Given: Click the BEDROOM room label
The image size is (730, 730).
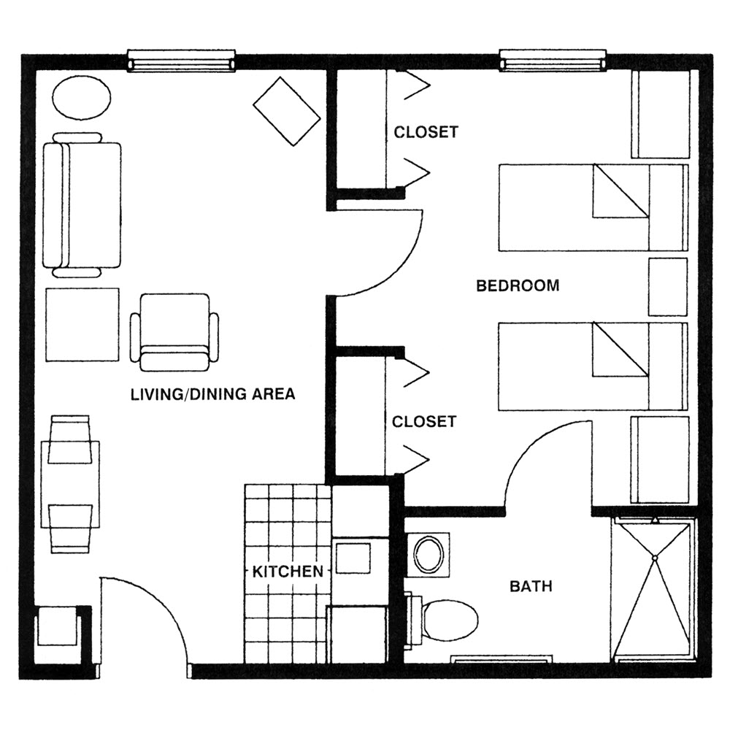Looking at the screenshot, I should [x=518, y=285].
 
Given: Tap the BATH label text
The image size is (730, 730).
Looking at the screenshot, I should [x=531, y=585].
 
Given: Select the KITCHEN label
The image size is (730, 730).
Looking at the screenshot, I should [x=288, y=571].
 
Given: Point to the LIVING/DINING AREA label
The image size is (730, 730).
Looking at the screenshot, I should [x=212, y=395].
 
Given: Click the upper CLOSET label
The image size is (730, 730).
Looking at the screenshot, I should [x=426, y=132].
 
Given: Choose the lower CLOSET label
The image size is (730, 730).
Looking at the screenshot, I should [x=424, y=422].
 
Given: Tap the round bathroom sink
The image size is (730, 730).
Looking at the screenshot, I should [x=429, y=554].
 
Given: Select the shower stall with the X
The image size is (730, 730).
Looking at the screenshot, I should [x=654, y=589].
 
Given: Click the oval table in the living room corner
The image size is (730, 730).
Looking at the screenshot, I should [x=81, y=96].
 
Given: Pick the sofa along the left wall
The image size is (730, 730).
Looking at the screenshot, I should [x=81, y=205].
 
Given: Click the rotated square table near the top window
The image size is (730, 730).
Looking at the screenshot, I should [x=286, y=111].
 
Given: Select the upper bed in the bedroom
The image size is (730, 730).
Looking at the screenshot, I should [x=592, y=207].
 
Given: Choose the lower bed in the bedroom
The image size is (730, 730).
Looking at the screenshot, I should [x=592, y=366].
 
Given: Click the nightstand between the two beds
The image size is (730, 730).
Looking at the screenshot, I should [x=668, y=287].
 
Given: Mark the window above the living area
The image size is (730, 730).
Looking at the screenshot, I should [x=182, y=61].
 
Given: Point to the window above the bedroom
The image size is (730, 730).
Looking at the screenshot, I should [x=553, y=61].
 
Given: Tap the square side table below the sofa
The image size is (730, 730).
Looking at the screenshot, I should [x=82, y=324].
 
